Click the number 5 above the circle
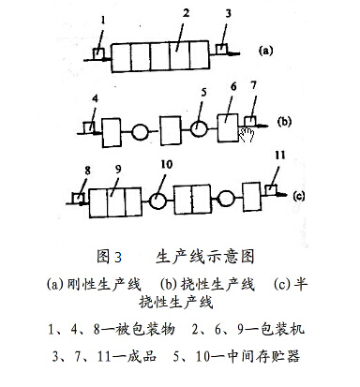click(203, 93)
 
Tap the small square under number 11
click(273, 190)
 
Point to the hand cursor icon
click(247, 134)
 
